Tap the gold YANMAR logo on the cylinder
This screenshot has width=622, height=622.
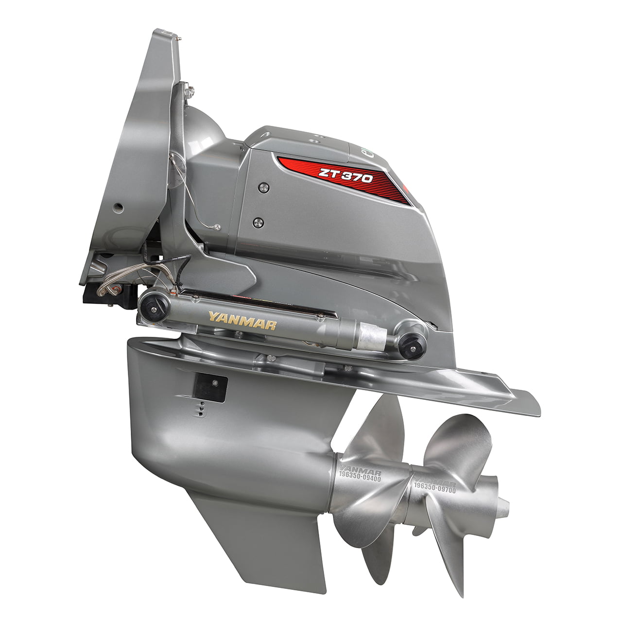pyautogui.click(x=242, y=321)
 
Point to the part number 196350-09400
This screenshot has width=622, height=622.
pyautogui.click(x=360, y=478)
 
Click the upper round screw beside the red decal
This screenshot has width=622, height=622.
pyautogui.click(x=263, y=187)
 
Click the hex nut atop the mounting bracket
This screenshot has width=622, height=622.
pyautogui.click(x=190, y=89)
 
